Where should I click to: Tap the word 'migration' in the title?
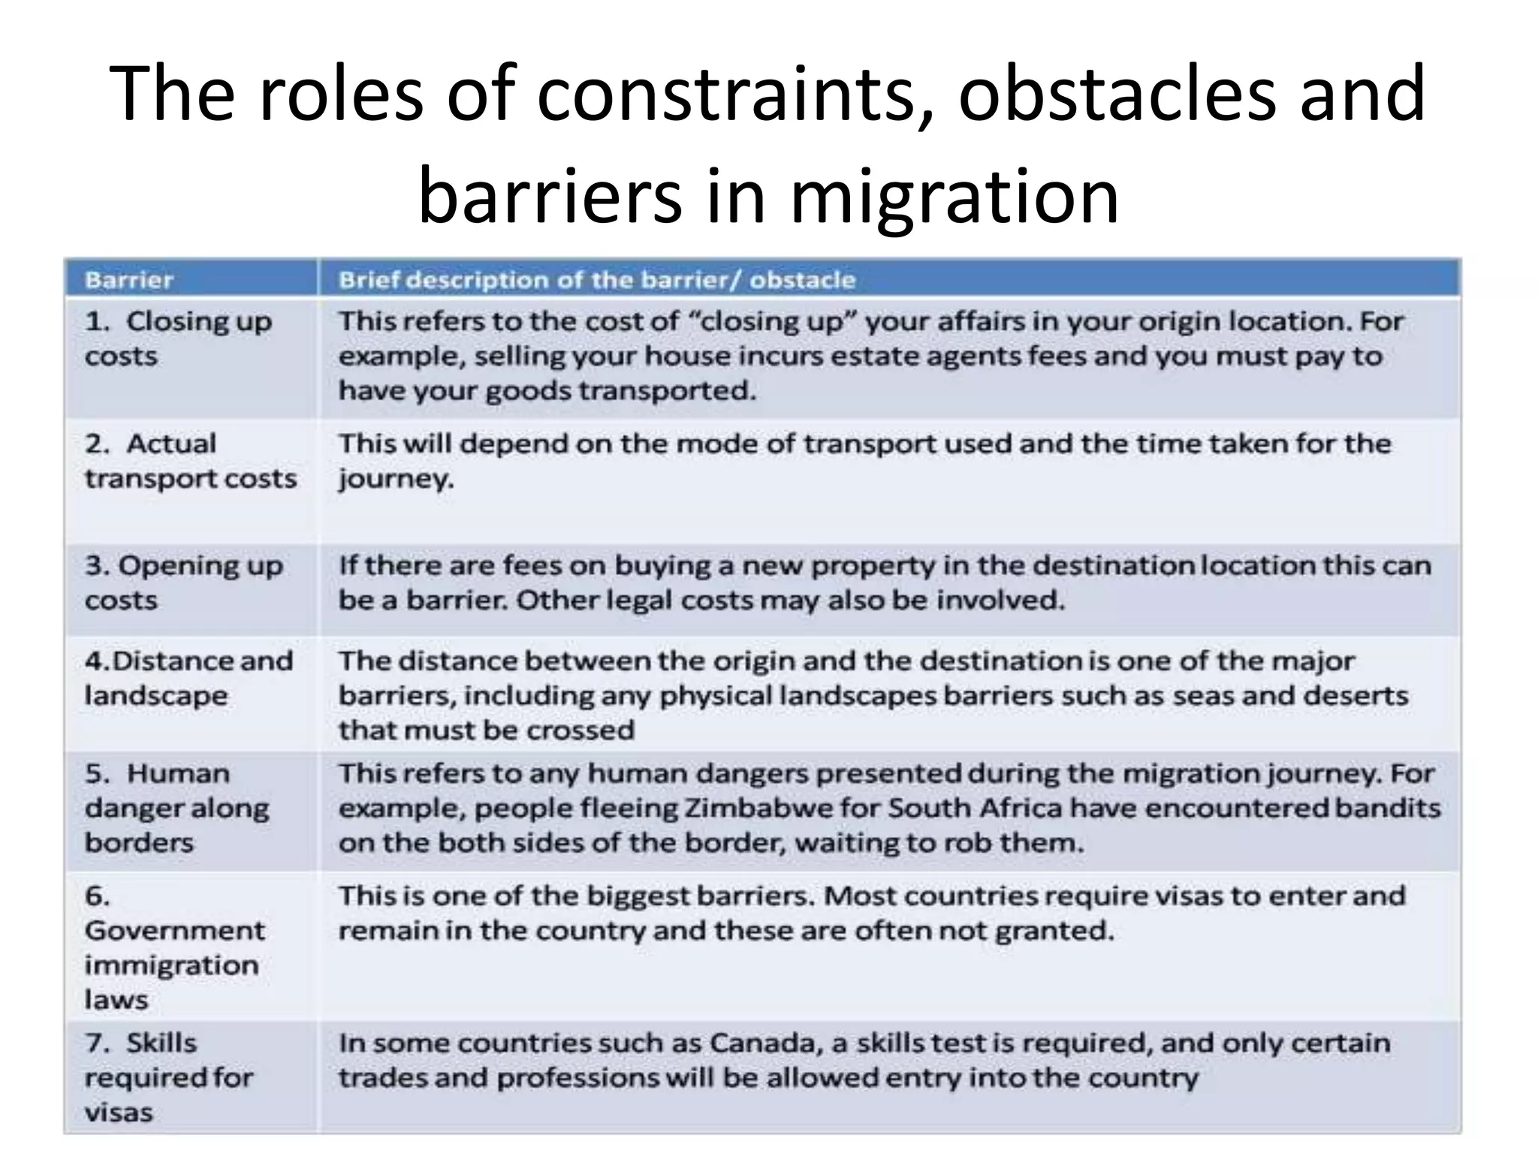[x=954, y=196]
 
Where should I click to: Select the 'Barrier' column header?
[x=129, y=280]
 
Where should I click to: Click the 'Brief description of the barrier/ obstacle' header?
[x=597, y=280]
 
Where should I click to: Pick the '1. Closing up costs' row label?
[x=178, y=339]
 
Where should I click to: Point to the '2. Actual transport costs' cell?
[x=191, y=461]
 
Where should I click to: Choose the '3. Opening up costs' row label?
[x=184, y=583]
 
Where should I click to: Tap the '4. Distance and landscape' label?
[x=188, y=678]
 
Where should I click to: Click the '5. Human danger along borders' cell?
[x=176, y=808]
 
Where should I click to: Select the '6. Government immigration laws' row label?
[x=174, y=947]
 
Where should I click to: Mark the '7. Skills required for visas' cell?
[x=169, y=1077]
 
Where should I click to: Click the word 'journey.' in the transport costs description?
[x=396, y=479]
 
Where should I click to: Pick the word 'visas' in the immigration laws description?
[x=1191, y=896]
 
